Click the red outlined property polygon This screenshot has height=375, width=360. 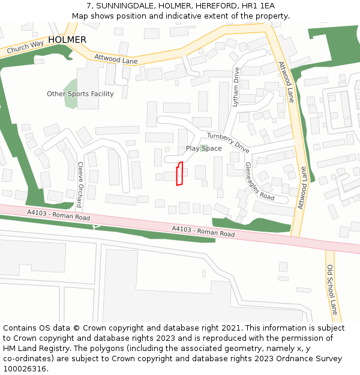point(179,174)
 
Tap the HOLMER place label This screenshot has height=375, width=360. point(67,40)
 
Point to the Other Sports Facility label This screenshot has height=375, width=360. point(80,94)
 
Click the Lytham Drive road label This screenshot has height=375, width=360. point(236,87)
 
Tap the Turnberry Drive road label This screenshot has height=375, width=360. point(228,143)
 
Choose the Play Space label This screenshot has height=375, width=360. point(203,148)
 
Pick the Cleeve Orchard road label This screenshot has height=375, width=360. point(80,184)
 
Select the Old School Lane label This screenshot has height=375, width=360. point(332,290)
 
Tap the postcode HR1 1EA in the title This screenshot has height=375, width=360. point(258,6)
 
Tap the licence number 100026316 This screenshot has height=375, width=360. point(25,369)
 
